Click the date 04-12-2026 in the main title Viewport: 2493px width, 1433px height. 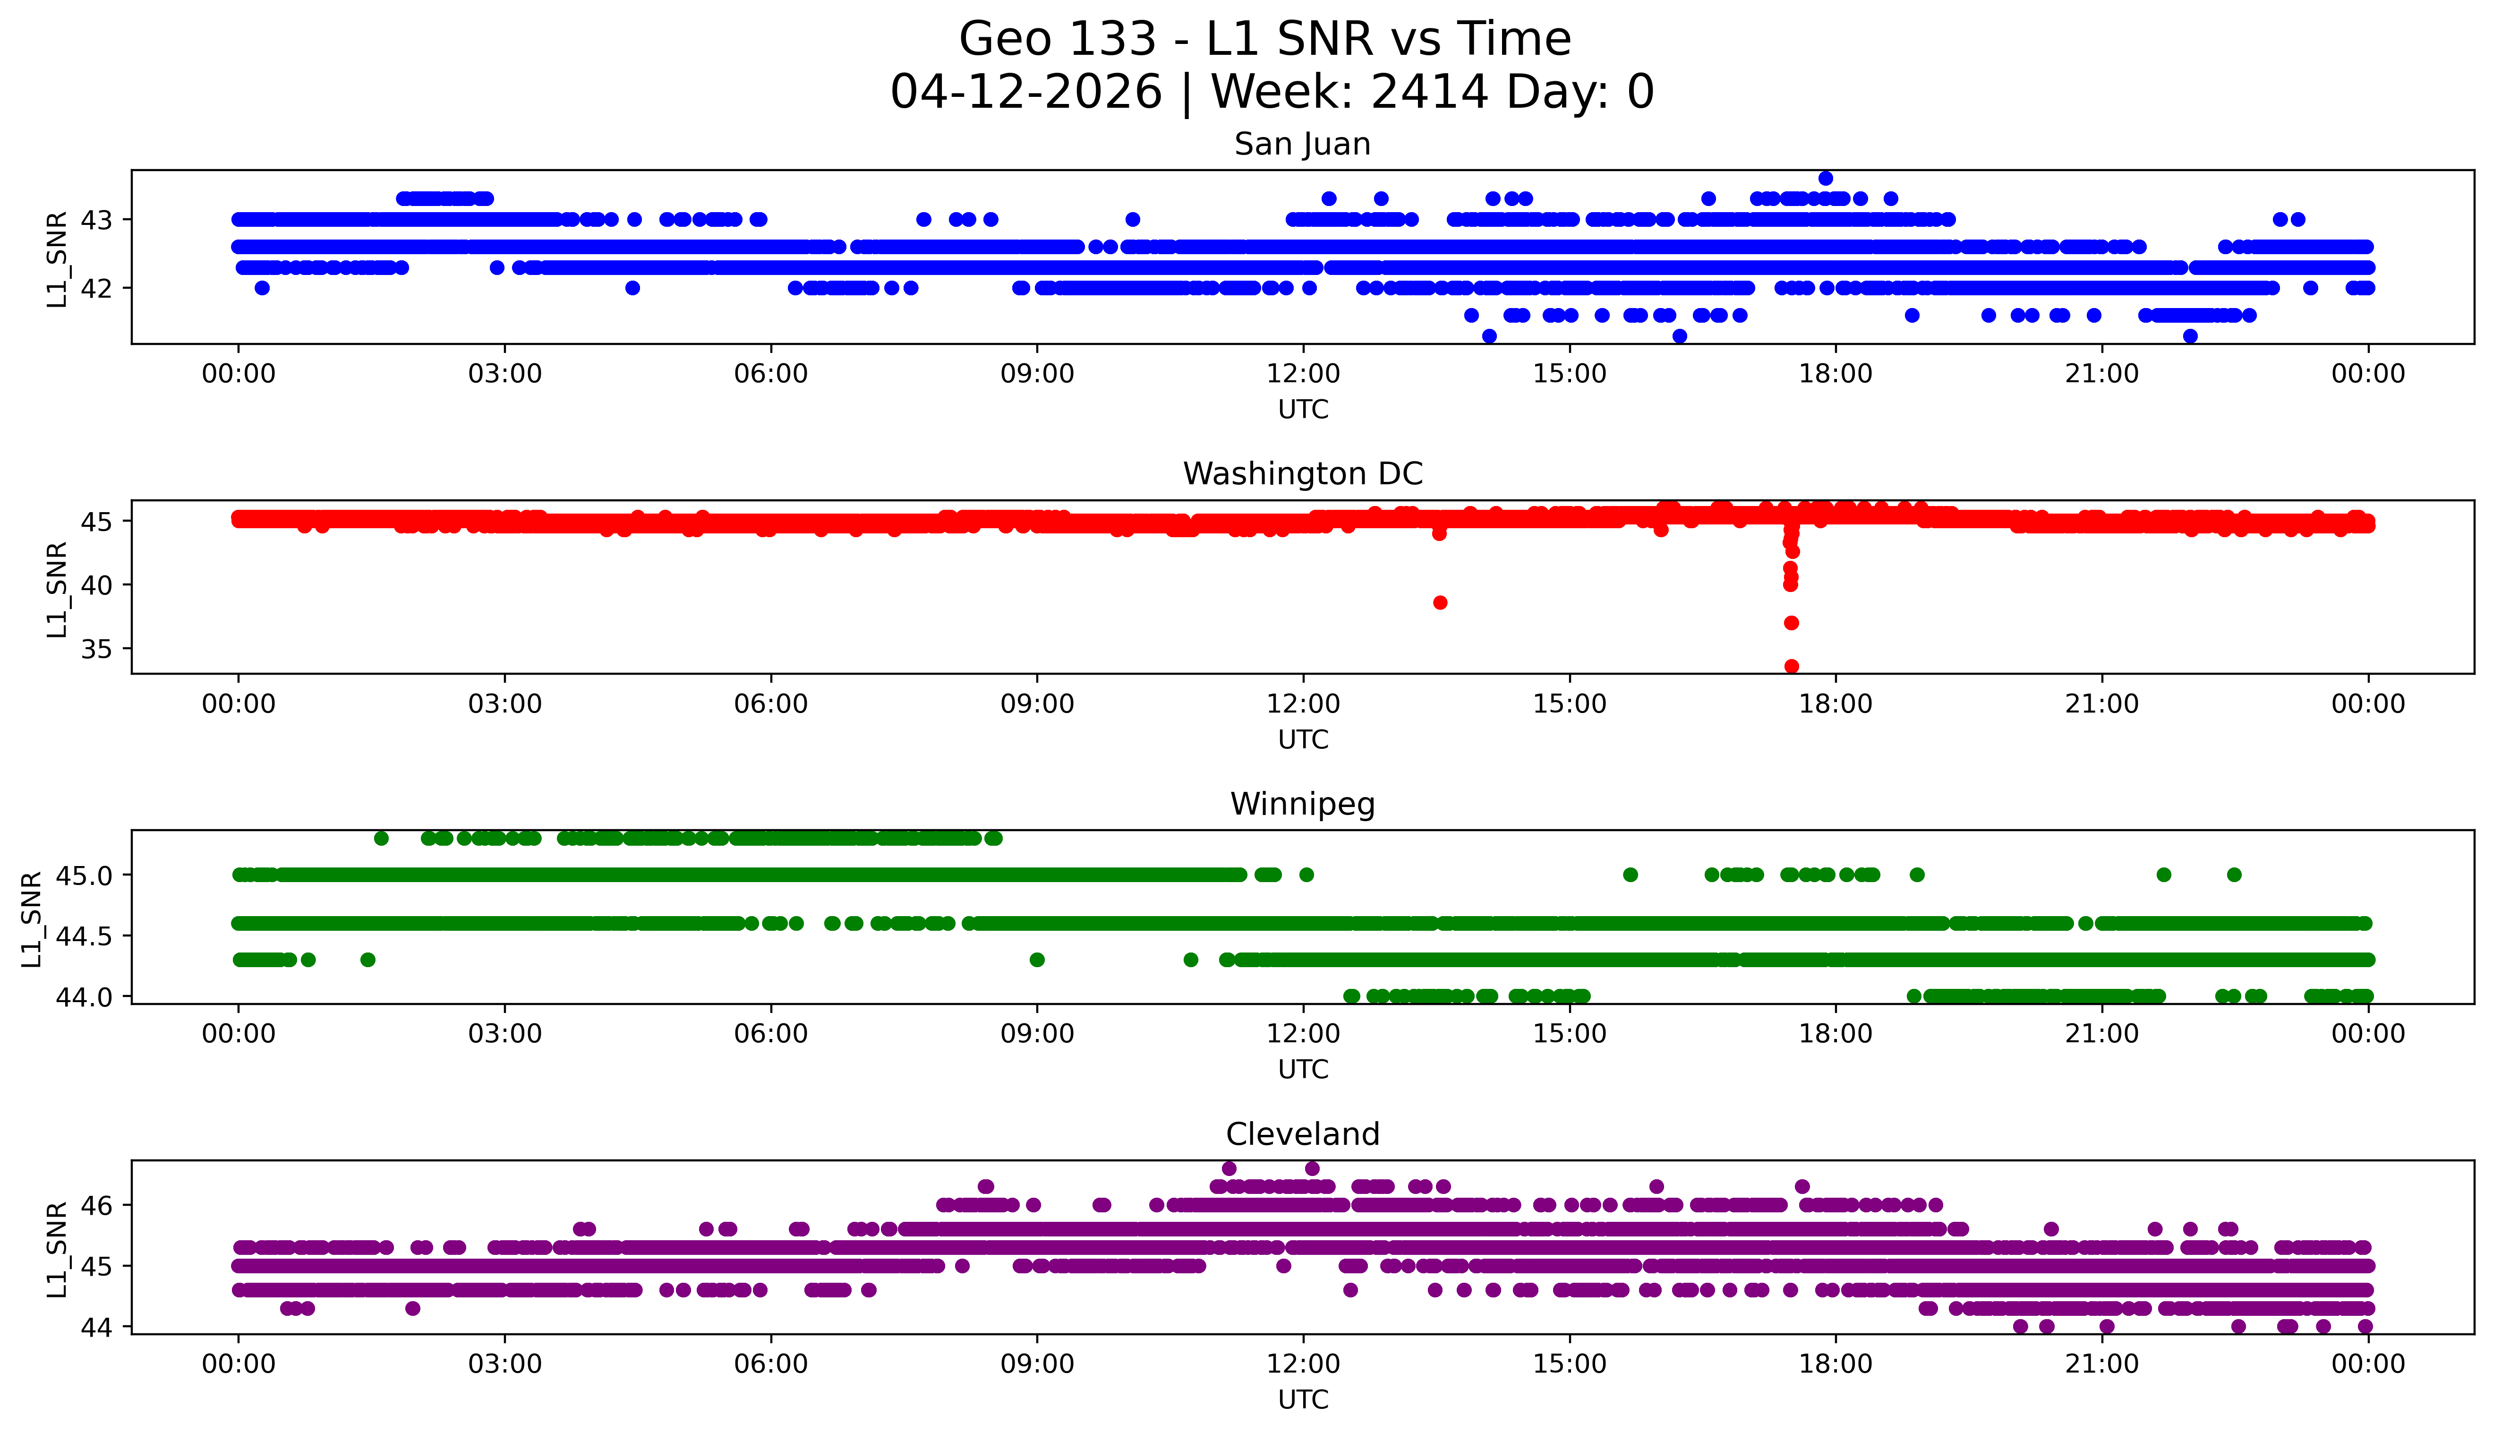tap(1026, 93)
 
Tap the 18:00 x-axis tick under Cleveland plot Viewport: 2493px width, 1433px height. tap(1836, 1364)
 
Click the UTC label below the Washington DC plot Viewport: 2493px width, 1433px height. tap(1303, 739)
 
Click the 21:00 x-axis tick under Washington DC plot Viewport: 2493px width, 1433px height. tap(2101, 704)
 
